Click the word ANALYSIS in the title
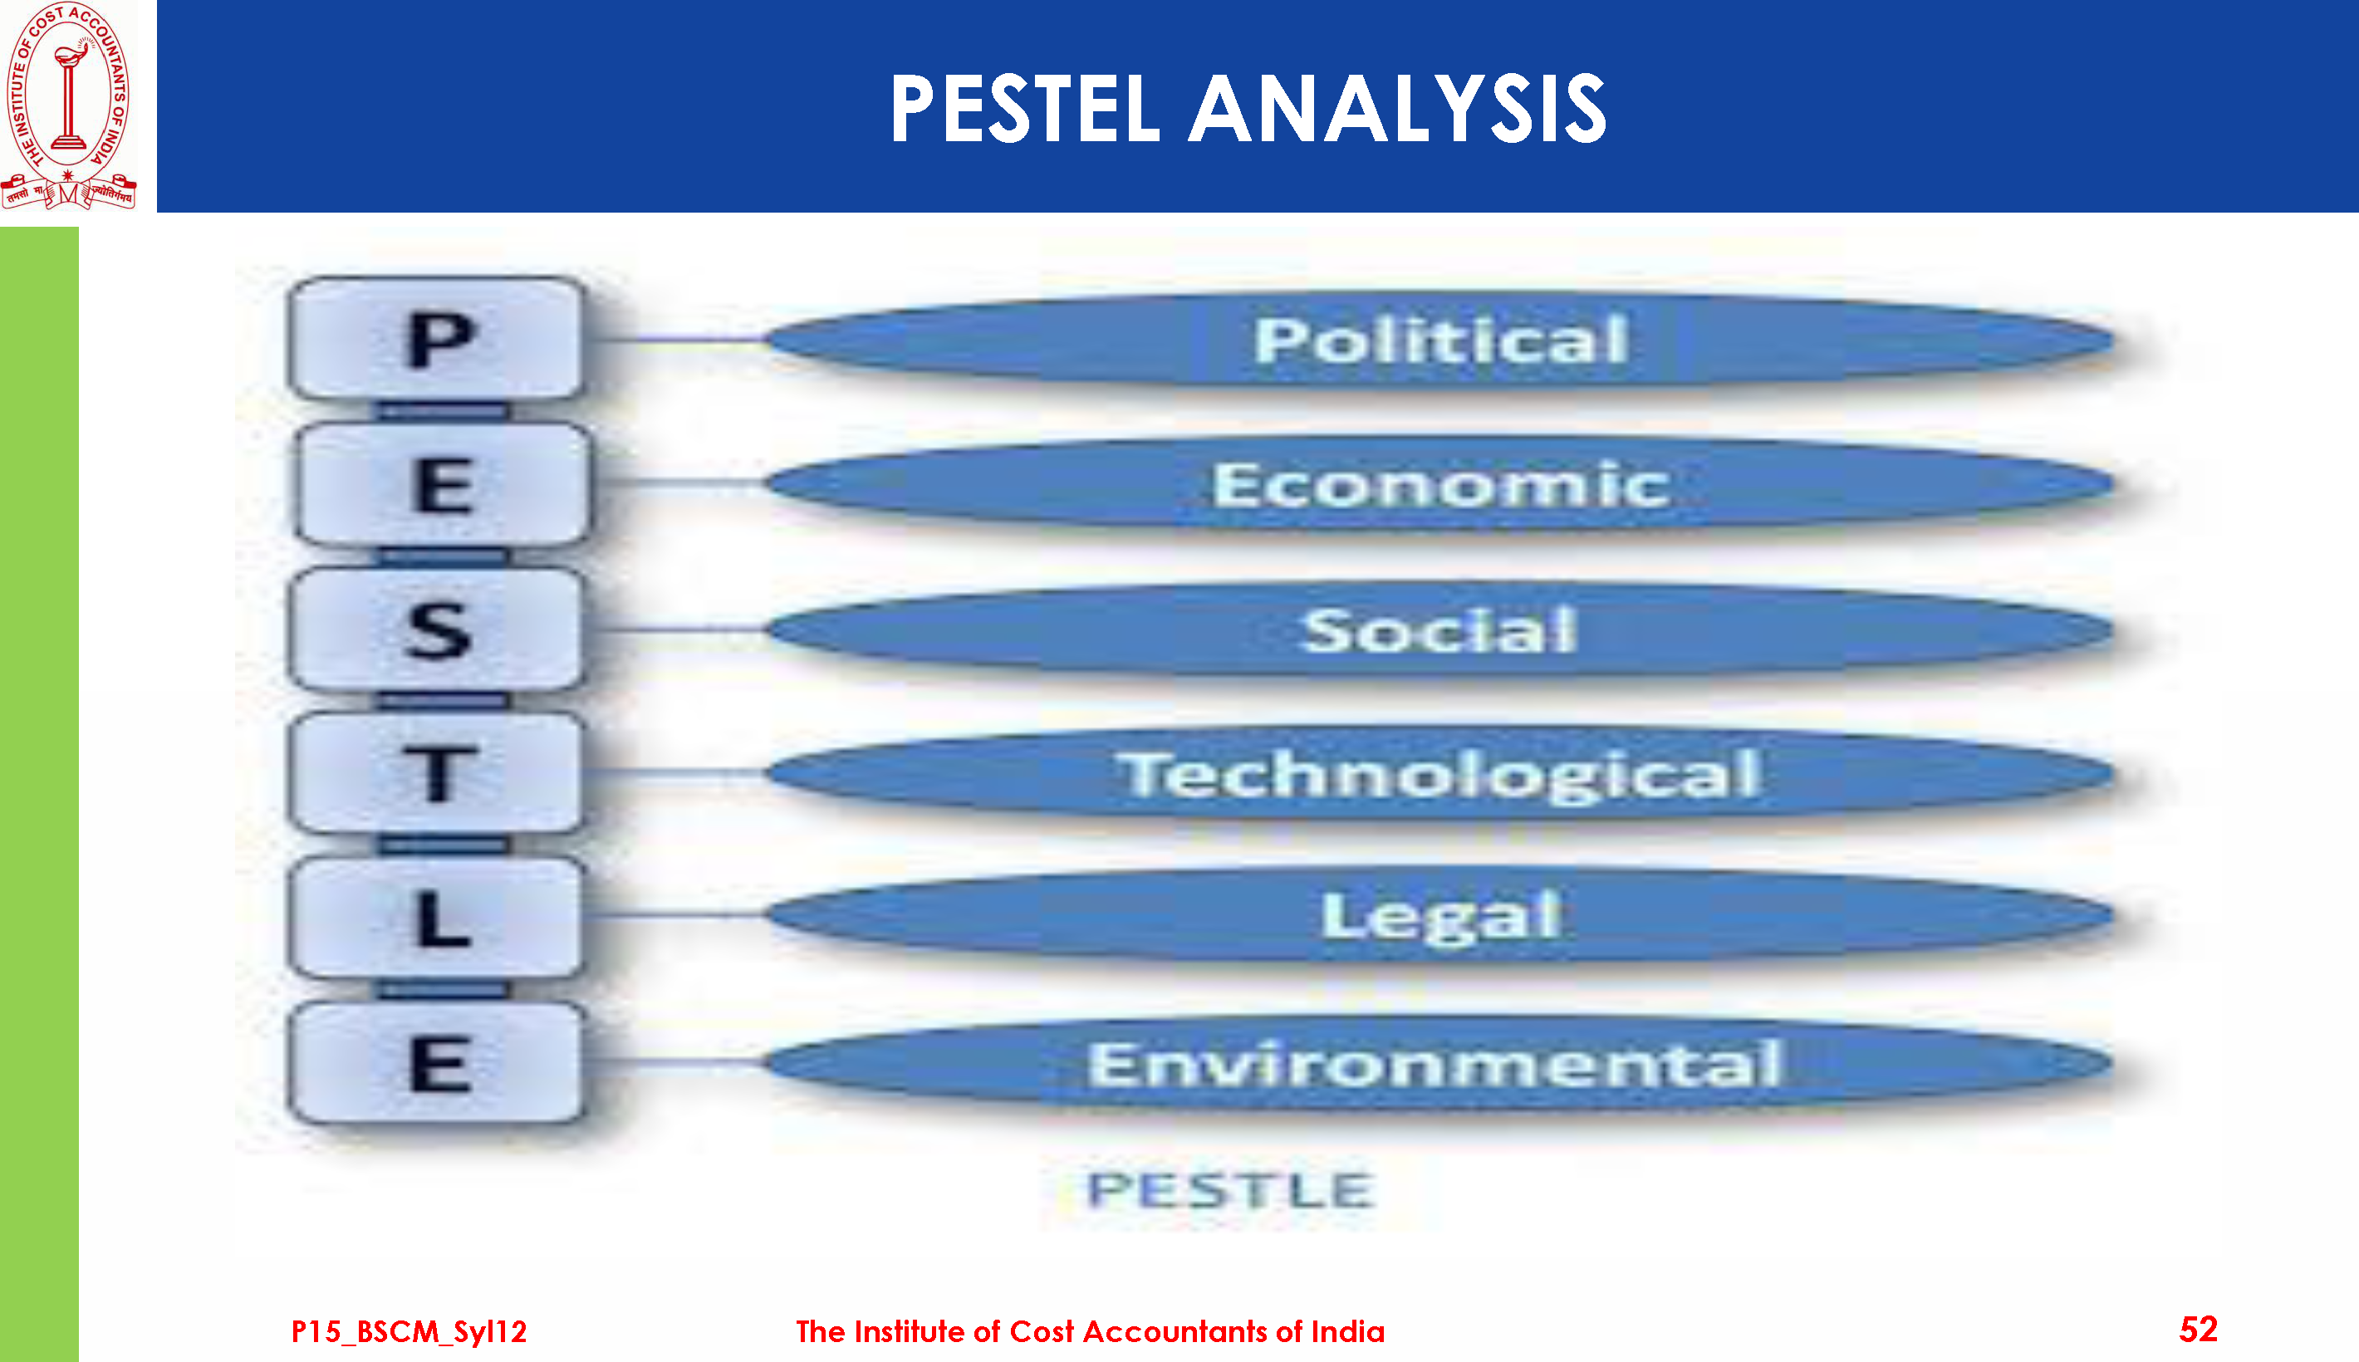coord(1397,110)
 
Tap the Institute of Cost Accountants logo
coord(68,105)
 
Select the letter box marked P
coord(436,339)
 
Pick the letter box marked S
coord(436,630)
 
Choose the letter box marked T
coord(436,772)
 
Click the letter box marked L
coord(436,918)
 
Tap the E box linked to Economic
coord(443,483)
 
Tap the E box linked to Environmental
coord(436,1063)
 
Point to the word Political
coord(1441,340)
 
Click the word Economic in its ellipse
coord(1440,484)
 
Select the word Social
coord(1440,630)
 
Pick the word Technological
coord(1440,776)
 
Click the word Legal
coord(1441,917)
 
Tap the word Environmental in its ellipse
coord(1437,1064)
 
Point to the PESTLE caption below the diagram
coord(1231,1190)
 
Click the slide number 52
coord(2198,1330)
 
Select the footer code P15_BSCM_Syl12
coord(409,1332)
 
